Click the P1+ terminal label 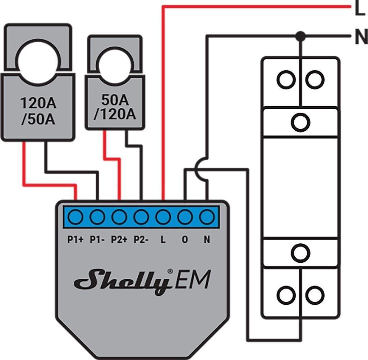tap(75, 239)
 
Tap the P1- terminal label tap(97, 239)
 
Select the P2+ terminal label tap(119, 239)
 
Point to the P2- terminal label tap(141, 239)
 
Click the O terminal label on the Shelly tap(185, 239)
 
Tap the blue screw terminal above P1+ tap(76, 217)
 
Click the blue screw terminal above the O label tap(185, 217)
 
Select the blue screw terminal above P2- tap(141, 217)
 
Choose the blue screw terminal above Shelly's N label tap(207, 217)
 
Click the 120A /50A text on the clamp tap(38, 111)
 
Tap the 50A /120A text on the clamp tap(115, 107)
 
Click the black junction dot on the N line tap(300, 36)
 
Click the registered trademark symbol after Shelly tap(170, 271)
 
